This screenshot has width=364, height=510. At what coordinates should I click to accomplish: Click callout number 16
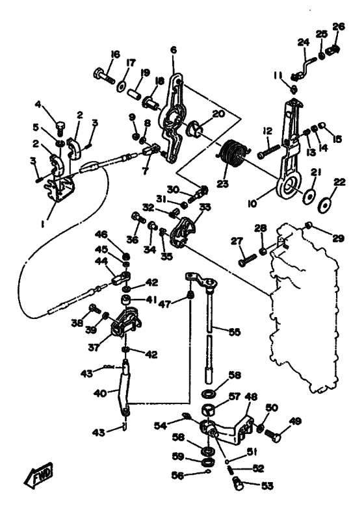pos(114,54)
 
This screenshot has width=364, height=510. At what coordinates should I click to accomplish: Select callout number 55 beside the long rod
pos(235,332)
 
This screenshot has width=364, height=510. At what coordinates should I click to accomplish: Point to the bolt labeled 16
pos(104,75)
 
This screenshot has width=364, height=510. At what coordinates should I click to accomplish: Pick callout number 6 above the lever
pos(174,50)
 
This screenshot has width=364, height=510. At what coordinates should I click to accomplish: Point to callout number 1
pos(44,223)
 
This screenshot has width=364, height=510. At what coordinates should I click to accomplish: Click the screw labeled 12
pos(269,151)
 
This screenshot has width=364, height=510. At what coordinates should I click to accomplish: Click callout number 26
pos(338,27)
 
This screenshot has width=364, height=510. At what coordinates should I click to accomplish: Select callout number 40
pos(100,393)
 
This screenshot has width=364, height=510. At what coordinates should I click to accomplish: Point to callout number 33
pos(205,207)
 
